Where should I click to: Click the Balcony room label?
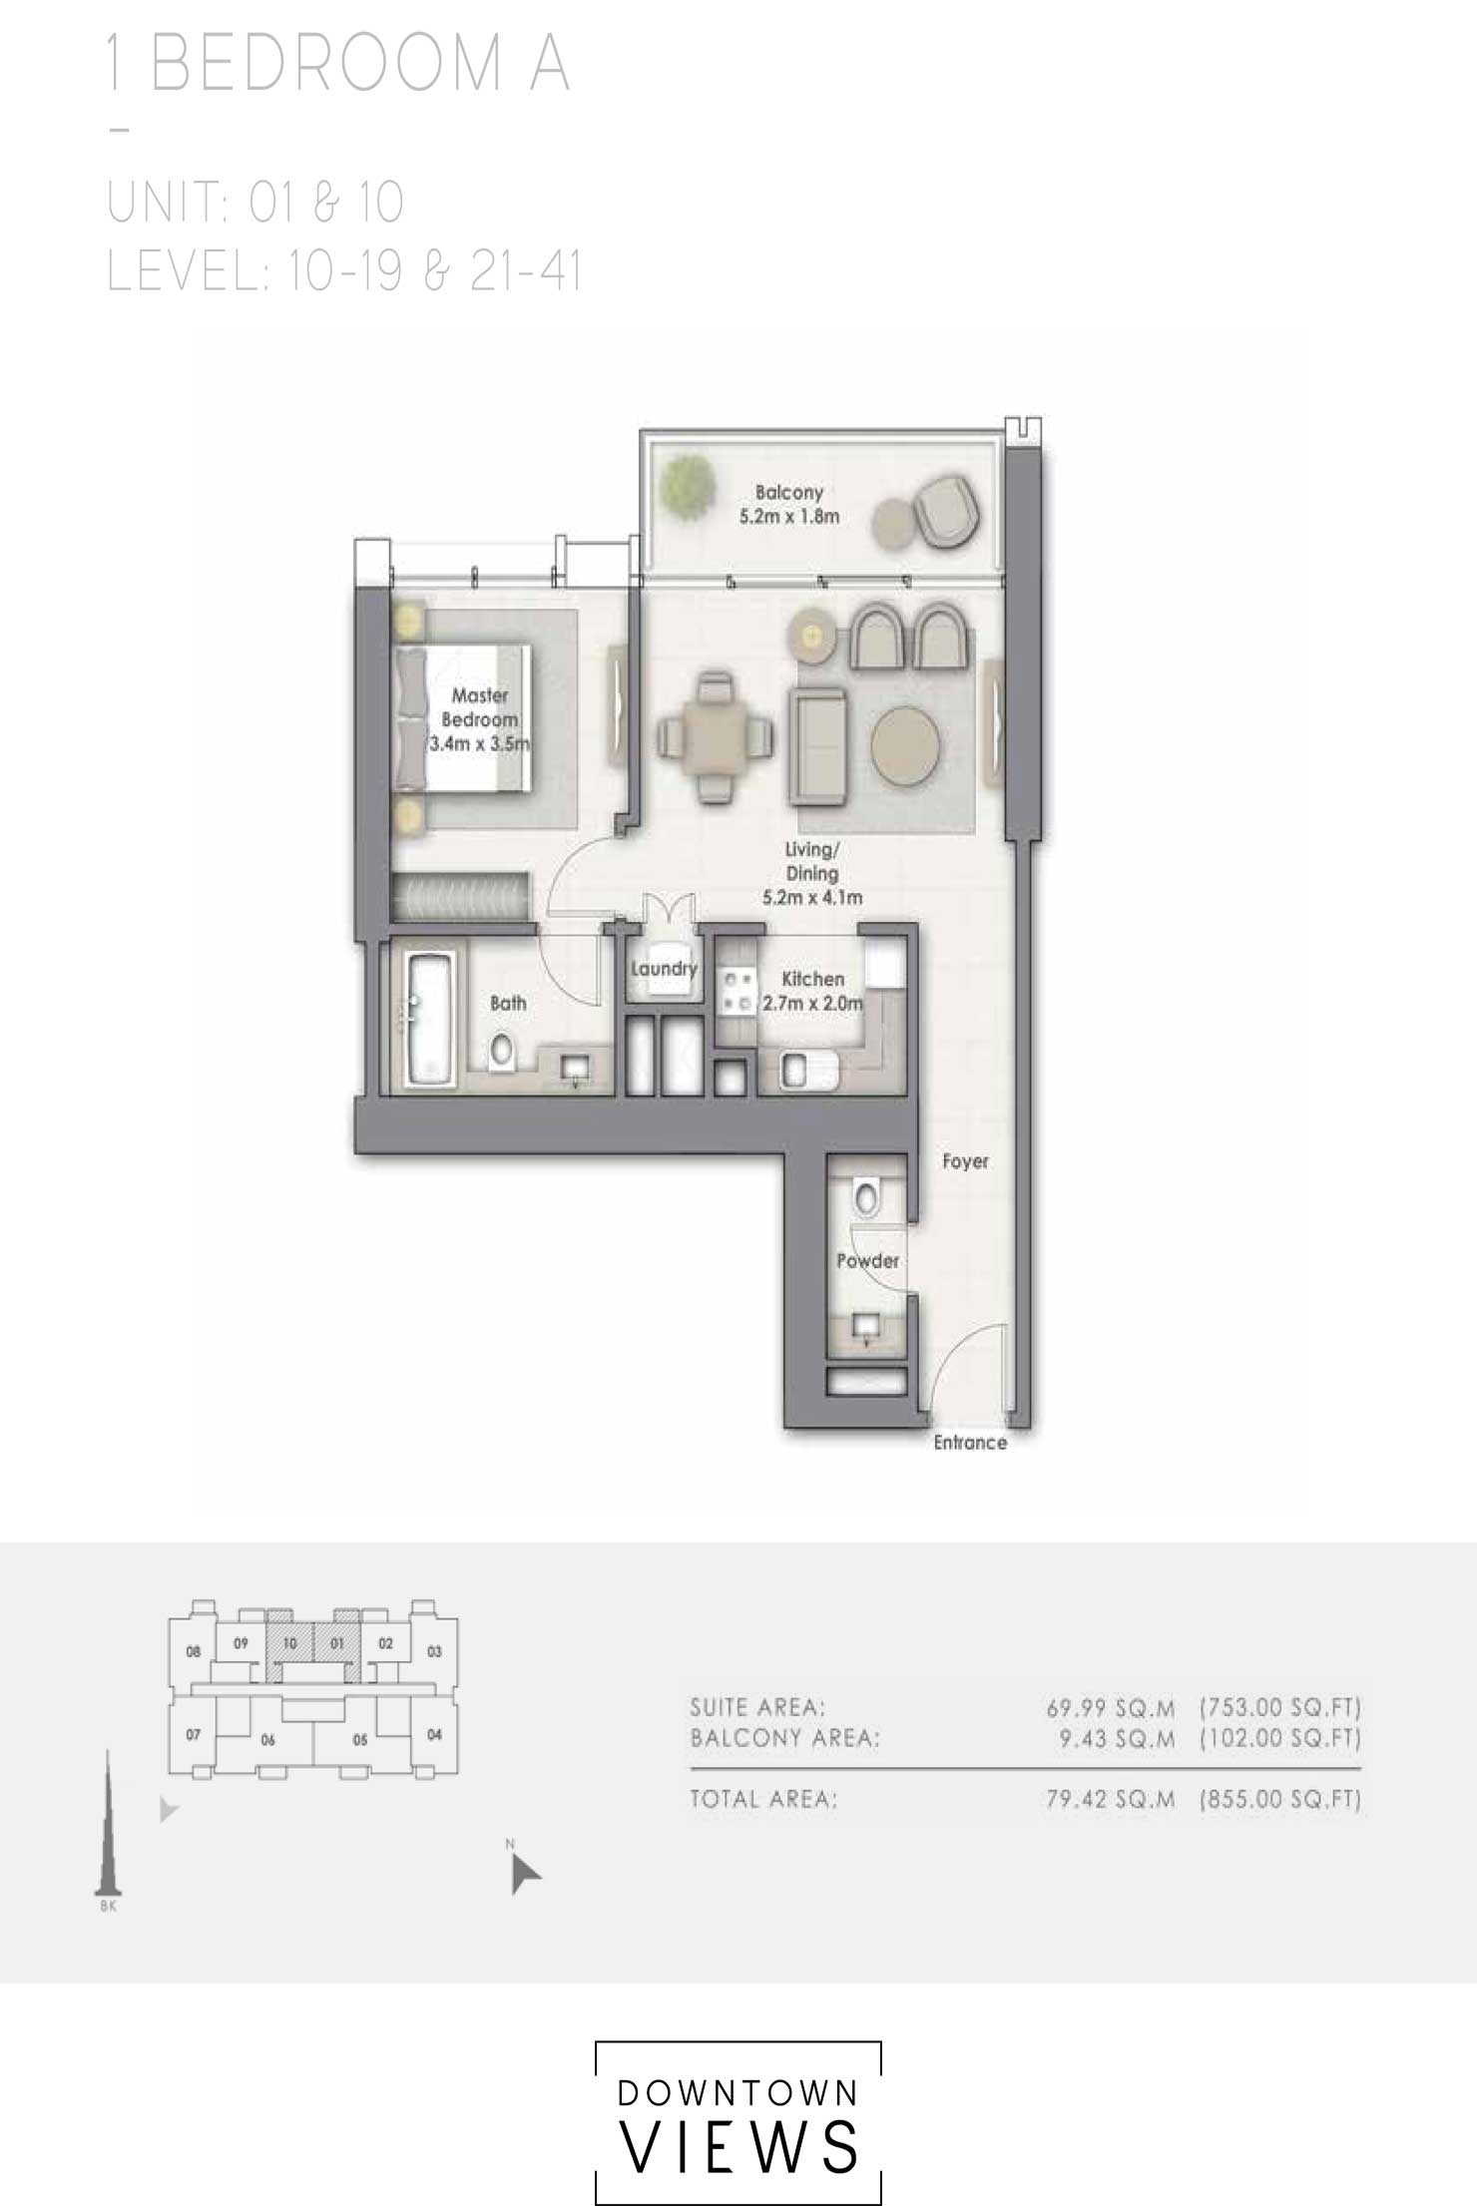[788, 504]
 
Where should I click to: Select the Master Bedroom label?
[480, 719]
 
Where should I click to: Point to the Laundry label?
[664, 968]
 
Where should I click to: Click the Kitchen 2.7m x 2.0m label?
[812, 991]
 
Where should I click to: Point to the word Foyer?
[965, 1161]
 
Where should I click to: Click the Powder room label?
[867, 1261]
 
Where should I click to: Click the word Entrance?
[970, 1443]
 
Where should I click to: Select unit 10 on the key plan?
[290, 1642]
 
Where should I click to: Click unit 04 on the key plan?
[434, 1734]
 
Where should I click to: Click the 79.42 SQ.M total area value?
[1110, 1799]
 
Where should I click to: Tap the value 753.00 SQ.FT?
[1280, 1707]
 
